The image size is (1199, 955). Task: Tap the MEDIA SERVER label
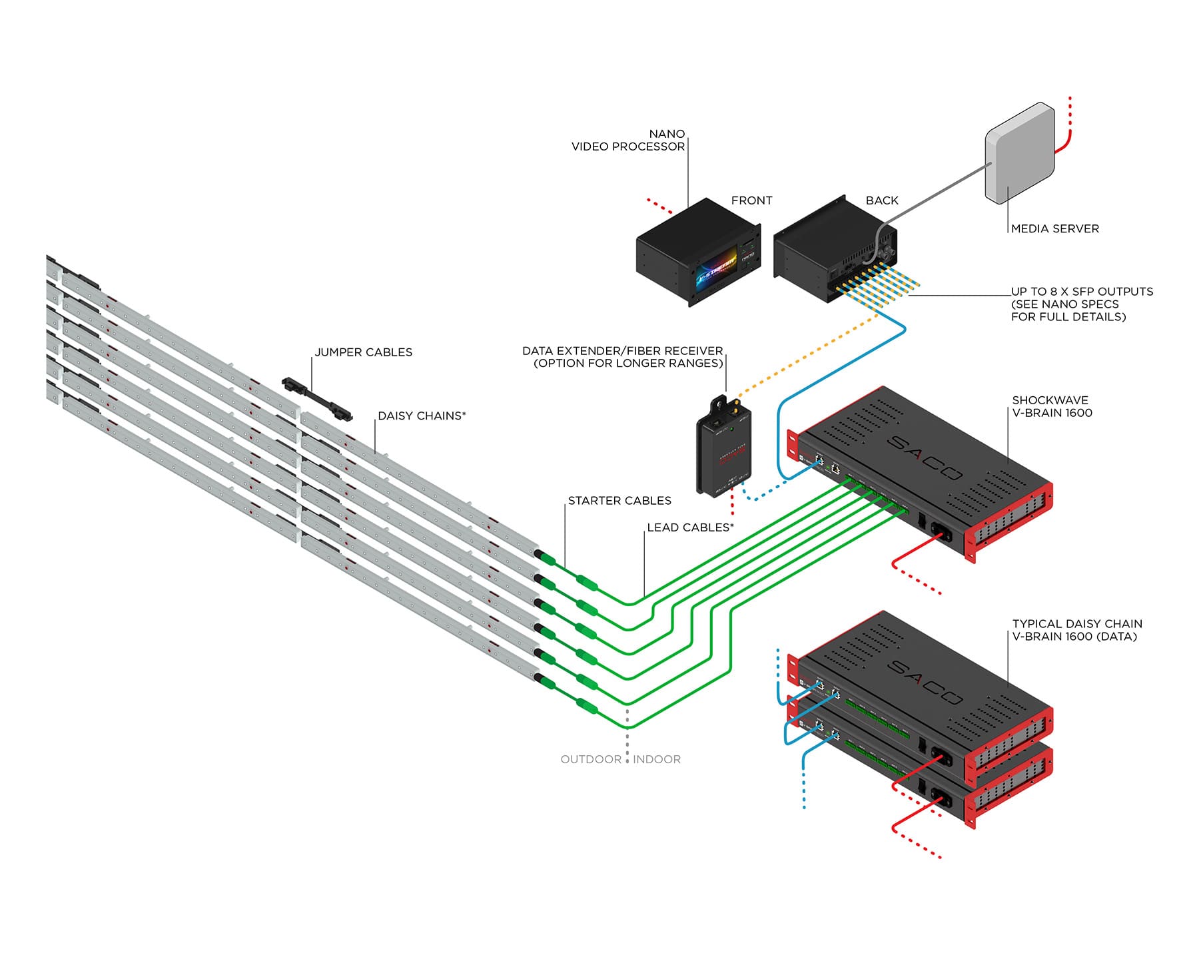(x=1054, y=228)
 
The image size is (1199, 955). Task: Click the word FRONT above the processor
(x=751, y=200)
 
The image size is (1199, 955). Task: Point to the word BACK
(x=881, y=200)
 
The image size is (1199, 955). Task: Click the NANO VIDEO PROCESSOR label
(x=628, y=141)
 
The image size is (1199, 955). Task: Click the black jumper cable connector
(x=317, y=397)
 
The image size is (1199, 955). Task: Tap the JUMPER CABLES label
(x=363, y=352)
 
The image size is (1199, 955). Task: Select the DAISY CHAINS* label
(x=422, y=416)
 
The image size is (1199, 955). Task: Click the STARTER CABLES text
(x=619, y=501)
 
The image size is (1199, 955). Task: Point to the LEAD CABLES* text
(x=690, y=527)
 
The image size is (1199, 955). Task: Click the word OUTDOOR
(x=591, y=759)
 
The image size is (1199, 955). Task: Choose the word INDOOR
(x=657, y=759)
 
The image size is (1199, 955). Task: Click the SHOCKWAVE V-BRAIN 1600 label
(x=1052, y=406)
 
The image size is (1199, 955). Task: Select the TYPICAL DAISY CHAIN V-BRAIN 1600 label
(x=1076, y=630)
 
